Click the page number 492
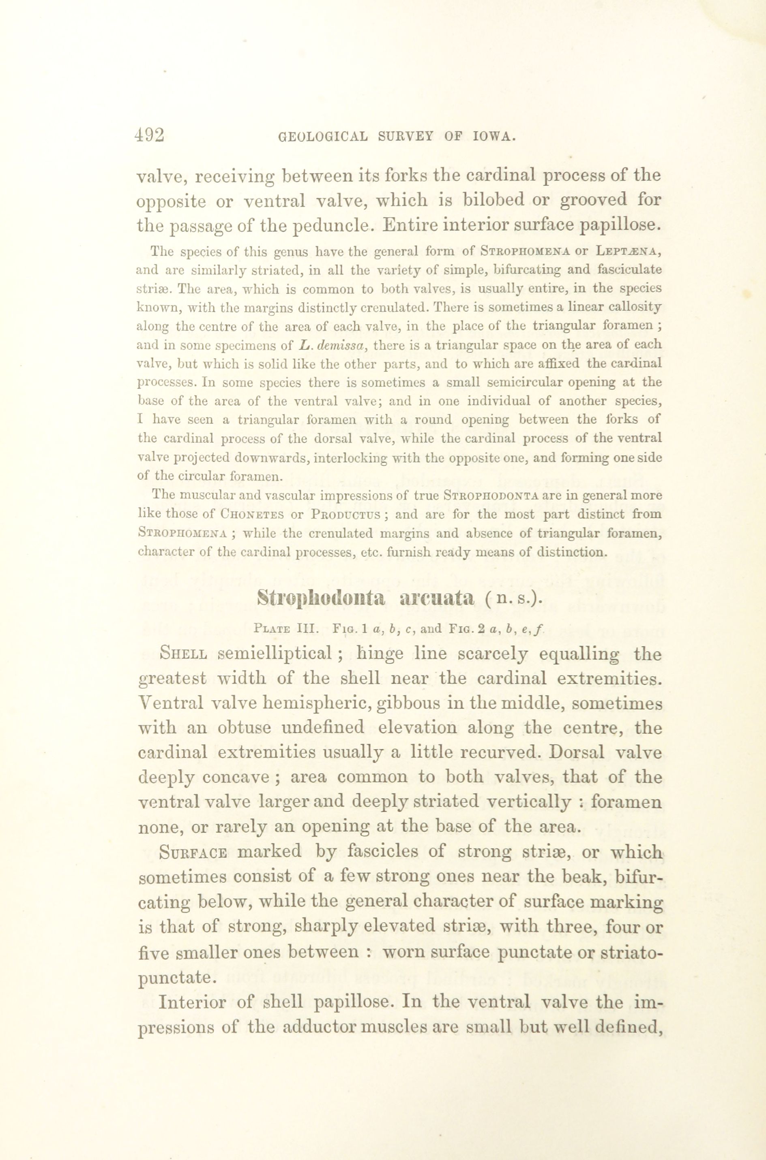(x=150, y=135)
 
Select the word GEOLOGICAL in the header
(x=322, y=137)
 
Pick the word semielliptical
(x=277, y=654)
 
